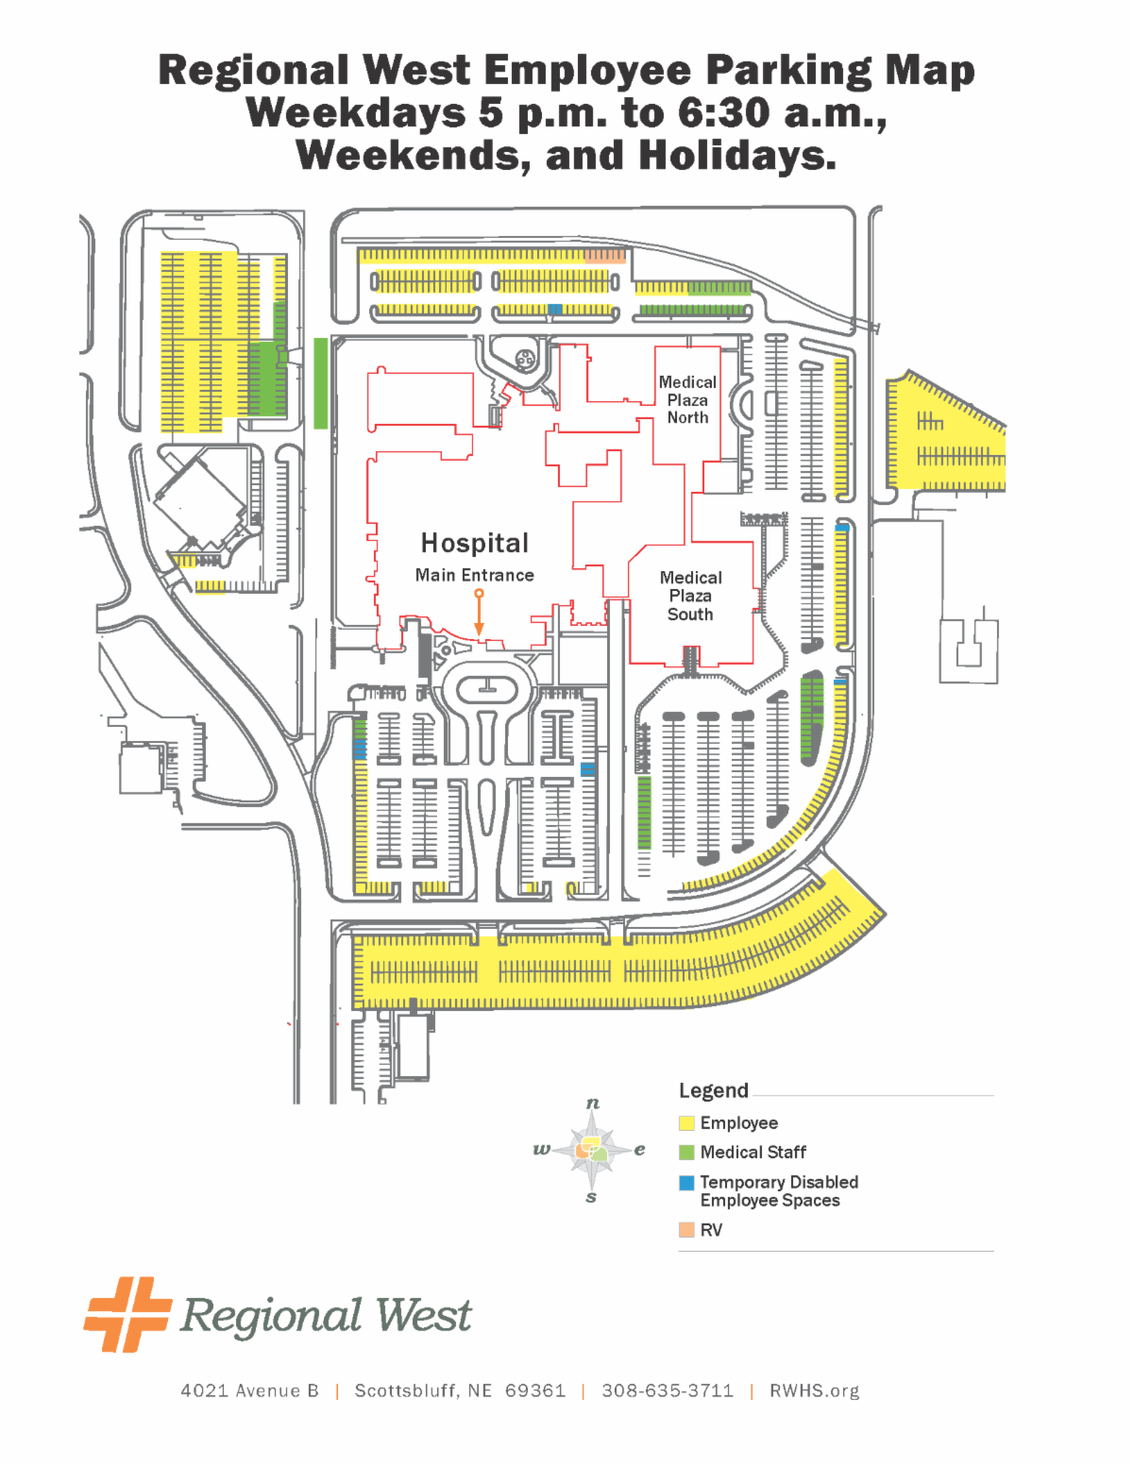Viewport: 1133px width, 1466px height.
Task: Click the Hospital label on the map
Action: pos(474,543)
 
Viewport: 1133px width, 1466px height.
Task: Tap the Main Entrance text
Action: pos(474,575)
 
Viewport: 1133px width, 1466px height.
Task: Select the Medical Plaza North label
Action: pos(687,399)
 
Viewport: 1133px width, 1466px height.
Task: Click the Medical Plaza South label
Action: pos(690,596)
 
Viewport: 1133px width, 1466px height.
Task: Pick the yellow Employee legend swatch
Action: pos(686,1123)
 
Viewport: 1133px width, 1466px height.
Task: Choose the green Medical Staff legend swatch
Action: pos(686,1153)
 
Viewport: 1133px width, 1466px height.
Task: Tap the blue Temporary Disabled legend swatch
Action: pos(686,1183)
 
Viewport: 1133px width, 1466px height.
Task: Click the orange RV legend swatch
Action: pos(686,1230)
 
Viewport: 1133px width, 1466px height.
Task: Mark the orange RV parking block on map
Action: pos(604,255)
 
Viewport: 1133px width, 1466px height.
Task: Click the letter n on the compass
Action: pos(592,1103)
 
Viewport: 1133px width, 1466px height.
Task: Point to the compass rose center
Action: pos(592,1150)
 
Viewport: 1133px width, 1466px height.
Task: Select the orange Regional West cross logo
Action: pos(127,1314)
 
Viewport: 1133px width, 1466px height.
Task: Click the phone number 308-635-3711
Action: pos(667,1390)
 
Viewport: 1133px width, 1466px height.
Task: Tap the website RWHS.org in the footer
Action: pos(814,1390)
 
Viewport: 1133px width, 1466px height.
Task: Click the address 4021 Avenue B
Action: pos(249,1390)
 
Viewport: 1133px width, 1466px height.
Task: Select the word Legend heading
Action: pos(713,1091)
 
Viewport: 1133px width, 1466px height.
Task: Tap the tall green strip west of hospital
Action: pos(321,382)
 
